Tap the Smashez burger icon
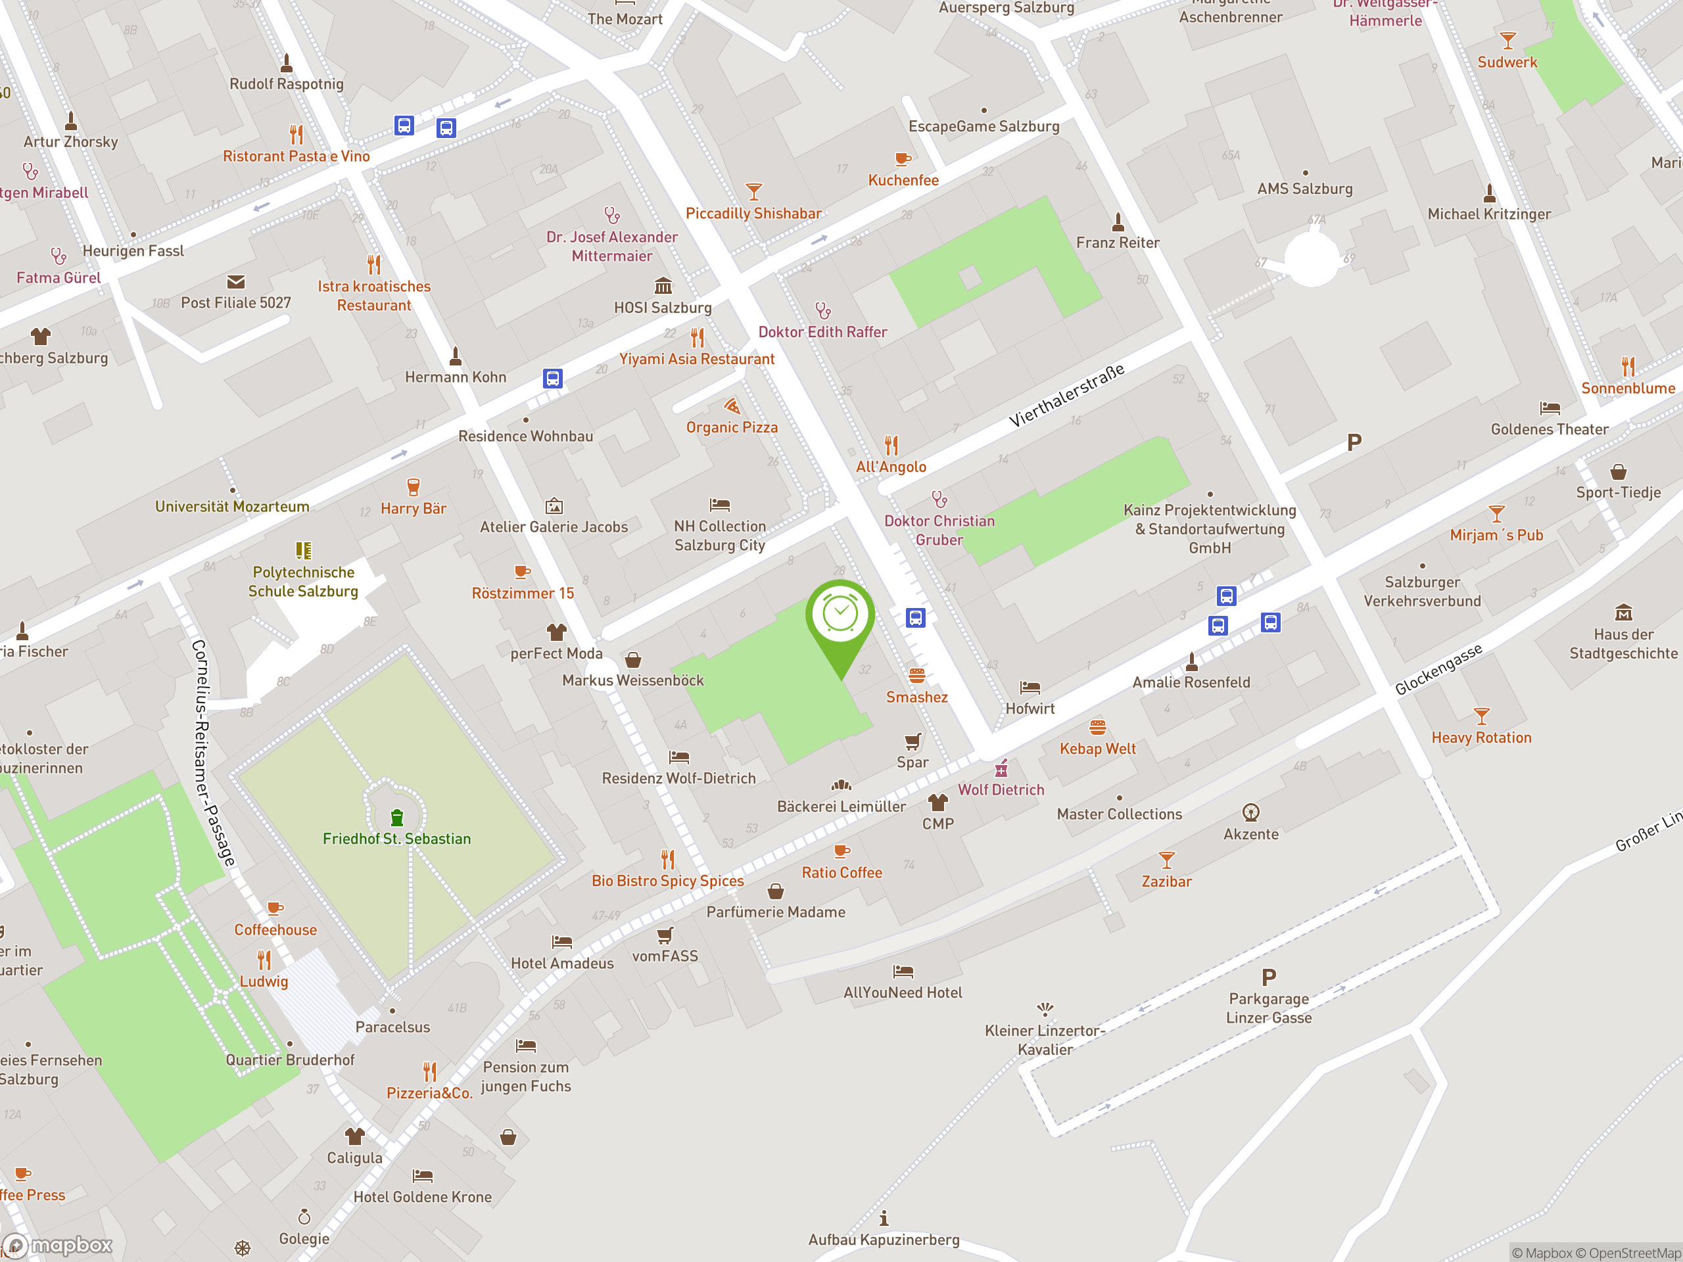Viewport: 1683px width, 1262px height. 917,676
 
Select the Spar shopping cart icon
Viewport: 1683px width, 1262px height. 913,741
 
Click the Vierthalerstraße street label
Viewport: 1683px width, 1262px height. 1067,396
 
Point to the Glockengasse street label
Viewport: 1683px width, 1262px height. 1438,669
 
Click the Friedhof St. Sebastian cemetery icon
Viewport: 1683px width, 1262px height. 396,818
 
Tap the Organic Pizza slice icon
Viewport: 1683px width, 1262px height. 732,406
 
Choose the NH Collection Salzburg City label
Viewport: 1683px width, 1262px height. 720,536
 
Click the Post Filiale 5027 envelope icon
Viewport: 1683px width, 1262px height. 236,282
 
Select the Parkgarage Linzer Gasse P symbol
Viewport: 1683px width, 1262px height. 1268,977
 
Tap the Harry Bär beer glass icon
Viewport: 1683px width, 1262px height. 413,487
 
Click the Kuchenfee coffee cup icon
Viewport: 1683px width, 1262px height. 903,160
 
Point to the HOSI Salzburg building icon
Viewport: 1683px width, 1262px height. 663,286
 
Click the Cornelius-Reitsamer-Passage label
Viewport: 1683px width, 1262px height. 213,753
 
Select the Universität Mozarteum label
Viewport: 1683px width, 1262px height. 232,507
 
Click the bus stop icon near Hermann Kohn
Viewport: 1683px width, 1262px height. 552,378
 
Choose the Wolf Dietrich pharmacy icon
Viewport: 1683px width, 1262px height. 1001,768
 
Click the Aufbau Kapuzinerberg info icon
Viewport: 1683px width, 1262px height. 884,1219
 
